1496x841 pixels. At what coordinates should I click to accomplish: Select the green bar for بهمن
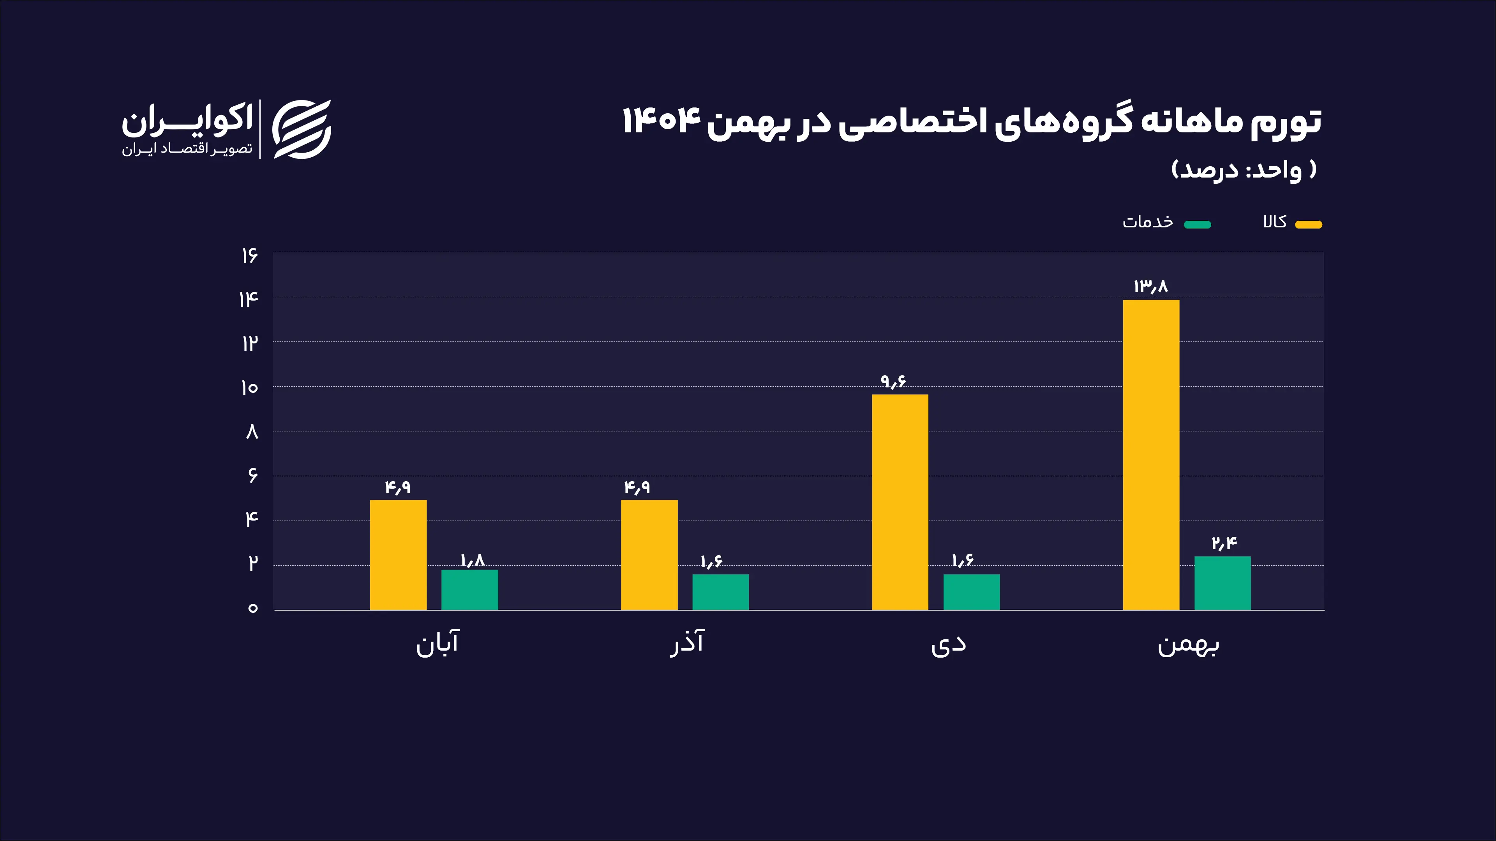1222,583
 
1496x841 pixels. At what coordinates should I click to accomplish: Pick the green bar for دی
971,591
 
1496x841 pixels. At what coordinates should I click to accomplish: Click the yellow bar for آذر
649,554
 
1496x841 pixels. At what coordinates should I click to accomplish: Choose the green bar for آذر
720,591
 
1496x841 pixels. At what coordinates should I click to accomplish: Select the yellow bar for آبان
398,554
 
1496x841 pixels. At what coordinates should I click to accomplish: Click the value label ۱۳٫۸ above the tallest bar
1150,286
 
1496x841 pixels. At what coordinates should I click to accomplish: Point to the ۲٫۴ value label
1224,543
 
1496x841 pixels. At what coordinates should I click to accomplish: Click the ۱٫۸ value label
472,561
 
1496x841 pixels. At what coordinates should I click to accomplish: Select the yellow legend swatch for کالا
1309,225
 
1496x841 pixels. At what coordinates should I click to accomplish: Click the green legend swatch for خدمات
1198,225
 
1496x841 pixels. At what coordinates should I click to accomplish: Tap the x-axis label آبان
437,643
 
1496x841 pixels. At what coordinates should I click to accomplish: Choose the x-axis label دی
948,644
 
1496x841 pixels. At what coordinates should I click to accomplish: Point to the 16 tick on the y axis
250,255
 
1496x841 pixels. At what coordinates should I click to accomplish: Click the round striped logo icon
302,129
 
